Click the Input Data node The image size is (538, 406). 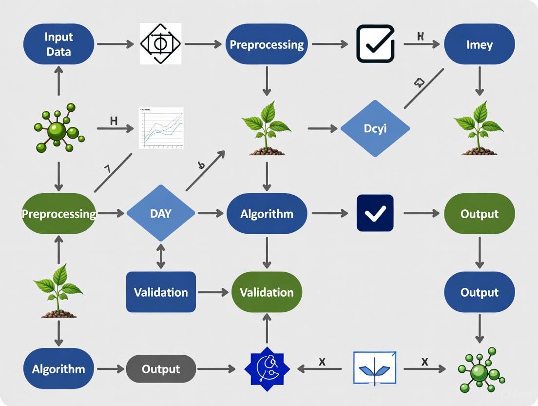(59, 44)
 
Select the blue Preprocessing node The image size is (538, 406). (267, 44)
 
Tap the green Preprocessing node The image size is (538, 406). (59, 214)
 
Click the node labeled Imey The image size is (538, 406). (479, 44)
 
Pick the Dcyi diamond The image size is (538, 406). (375, 129)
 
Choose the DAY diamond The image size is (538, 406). (160, 213)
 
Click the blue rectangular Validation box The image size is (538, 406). (161, 292)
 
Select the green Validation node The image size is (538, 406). (267, 292)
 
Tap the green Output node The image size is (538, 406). (479, 214)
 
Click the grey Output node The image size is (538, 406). (161, 369)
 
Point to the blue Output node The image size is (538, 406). (479, 292)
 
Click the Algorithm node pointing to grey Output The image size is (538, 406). (58, 369)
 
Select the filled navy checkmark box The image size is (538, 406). (375, 213)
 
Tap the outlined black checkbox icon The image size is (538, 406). (375, 44)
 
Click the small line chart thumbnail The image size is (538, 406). (161, 128)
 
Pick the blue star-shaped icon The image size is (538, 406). (267, 369)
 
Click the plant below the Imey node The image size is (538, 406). (479, 128)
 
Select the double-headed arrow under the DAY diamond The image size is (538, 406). (160, 256)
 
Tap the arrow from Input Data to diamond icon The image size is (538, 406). (115, 44)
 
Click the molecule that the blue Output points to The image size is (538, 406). (480, 370)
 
